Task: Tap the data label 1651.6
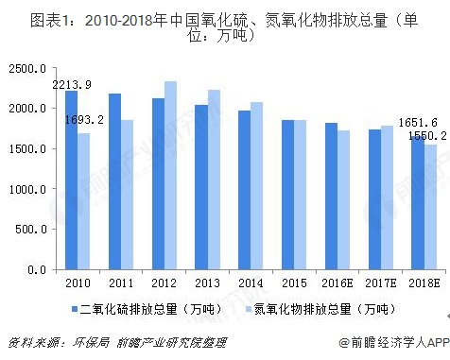[x=414, y=123]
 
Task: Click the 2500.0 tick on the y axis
[x=26, y=69]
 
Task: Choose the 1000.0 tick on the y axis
[x=26, y=189]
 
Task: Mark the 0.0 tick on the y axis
[x=36, y=269]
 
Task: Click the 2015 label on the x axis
[x=294, y=283]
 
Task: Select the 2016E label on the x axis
[x=337, y=283]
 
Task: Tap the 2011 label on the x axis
[x=121, y=283]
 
